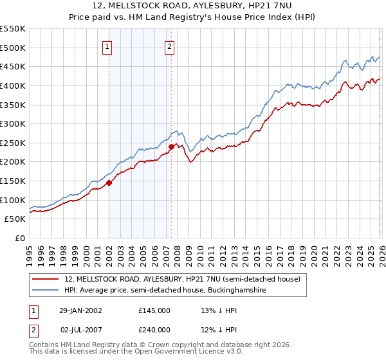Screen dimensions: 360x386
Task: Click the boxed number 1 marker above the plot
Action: click(107, 46)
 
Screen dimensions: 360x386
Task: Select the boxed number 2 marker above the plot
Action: click(169, 46)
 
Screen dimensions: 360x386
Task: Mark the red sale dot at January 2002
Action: click(109, 183)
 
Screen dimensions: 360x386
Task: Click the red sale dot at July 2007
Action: click(171, 147)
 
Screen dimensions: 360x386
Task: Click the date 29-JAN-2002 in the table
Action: click(81, 310)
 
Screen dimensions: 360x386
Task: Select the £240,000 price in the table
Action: click(154, 329)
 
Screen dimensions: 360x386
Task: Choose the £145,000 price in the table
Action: click(154, 310)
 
